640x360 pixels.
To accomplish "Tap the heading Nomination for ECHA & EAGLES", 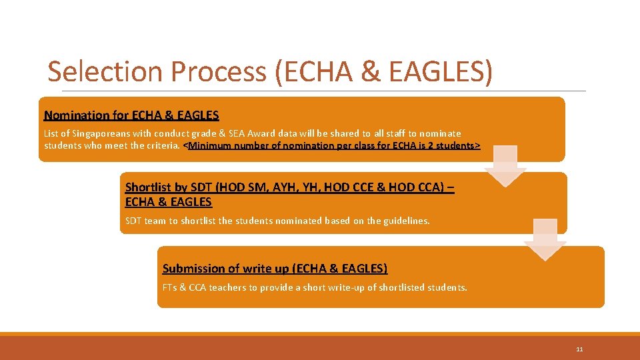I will click(131, 115).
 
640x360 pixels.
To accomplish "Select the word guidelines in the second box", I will click(406, 221).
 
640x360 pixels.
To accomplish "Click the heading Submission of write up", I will click(275, 269).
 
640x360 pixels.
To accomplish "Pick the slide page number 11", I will click(579, 349).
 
